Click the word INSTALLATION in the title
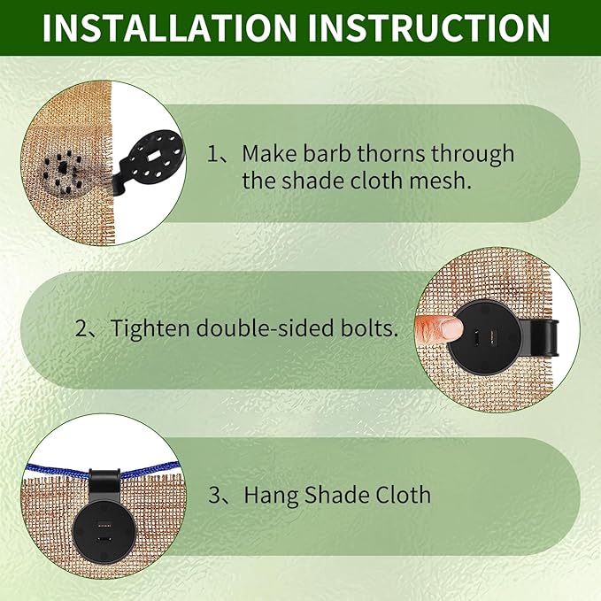point(167,28)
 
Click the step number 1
point(214,153)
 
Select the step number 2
point(82,328)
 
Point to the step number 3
point(214,494)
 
